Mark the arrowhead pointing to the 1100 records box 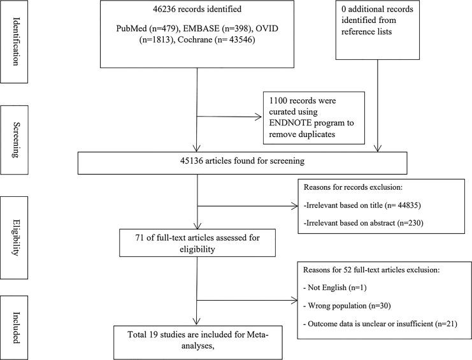click(x=260, y=117)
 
